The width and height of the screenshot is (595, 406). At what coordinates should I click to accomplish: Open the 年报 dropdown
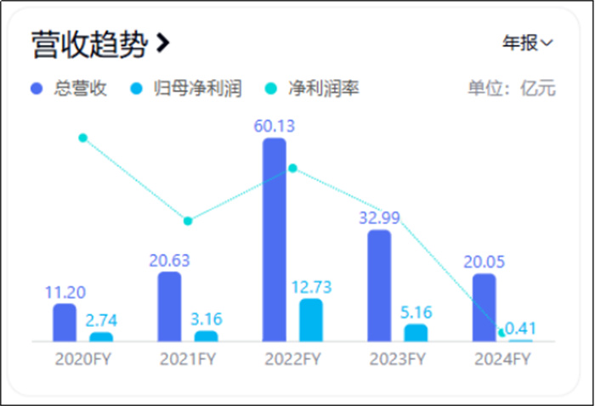point(527,42)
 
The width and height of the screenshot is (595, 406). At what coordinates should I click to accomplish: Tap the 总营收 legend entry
point(70,88)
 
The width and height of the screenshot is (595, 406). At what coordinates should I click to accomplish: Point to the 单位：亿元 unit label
point(512,88)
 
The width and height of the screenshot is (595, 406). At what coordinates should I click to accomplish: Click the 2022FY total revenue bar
point(275,240)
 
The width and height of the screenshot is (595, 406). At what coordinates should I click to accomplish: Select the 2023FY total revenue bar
point(379,285)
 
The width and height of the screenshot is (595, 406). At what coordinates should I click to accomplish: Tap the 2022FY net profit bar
point(311,319)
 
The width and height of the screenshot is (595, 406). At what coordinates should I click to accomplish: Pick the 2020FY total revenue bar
point(65,322)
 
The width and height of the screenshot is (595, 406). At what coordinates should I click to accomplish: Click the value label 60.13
point(274,127)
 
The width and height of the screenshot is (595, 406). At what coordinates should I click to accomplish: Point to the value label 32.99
point(379,217)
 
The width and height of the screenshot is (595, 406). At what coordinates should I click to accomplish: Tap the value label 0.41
point(521,328)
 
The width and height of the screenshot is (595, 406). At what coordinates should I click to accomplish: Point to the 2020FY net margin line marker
point(82,138)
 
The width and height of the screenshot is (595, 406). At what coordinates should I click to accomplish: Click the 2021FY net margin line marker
point(188,221)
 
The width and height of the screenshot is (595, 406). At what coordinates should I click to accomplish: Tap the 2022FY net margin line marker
point(292,168)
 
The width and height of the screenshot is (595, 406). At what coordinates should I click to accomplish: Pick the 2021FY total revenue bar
point(169,307)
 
